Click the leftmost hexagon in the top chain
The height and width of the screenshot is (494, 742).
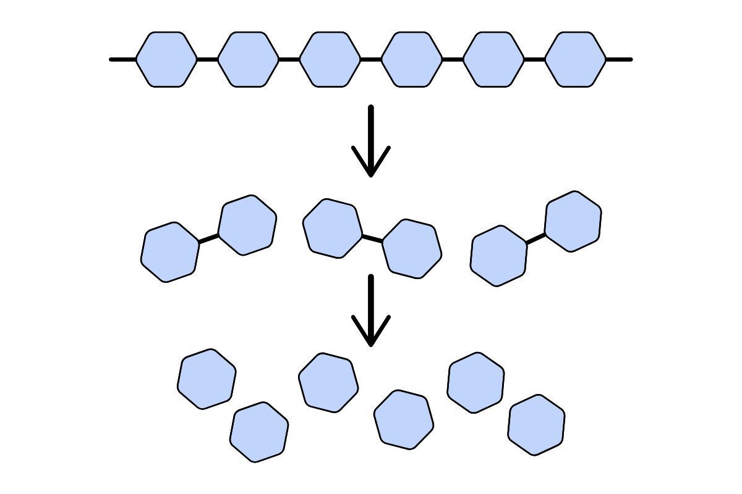(166, 59)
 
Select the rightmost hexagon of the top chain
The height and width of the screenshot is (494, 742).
(576, 59)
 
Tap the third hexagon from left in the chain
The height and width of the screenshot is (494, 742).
(330, 59)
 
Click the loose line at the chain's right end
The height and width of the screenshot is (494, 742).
(619, 59)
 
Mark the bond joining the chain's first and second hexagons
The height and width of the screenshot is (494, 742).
(208, 59)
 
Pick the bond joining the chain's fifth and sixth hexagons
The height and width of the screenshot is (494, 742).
(535, 59)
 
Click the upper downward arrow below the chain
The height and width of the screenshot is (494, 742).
(371, 142)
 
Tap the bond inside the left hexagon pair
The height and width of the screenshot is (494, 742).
(209, 238)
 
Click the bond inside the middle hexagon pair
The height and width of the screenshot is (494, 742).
(372, 238)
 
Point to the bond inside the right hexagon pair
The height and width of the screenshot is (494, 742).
(535, 238)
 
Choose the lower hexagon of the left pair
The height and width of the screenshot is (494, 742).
(170, 253)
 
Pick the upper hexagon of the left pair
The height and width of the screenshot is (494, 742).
(247, 225)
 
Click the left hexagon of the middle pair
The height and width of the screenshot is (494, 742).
(332, 228)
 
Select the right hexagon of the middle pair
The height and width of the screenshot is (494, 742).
(412, 248)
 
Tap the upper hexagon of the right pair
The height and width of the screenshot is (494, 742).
(573, 221)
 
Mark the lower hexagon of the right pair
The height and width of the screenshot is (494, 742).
(499, 256)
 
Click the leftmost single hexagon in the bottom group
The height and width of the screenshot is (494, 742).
(207, 379)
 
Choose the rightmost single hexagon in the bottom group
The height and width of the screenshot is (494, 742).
(536, 425)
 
